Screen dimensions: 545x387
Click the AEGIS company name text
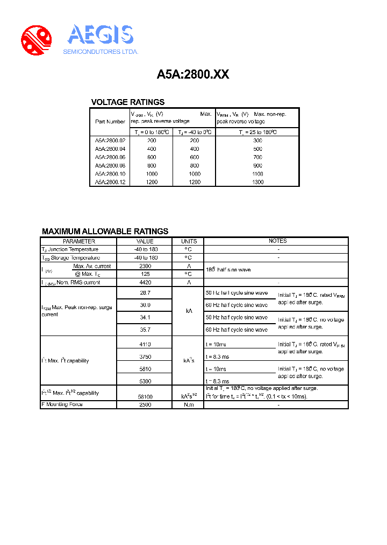tap(100, 36)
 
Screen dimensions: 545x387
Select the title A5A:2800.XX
tap(193, 75)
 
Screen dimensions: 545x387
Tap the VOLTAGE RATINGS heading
tap(128, 102)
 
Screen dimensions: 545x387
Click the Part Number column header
tap(110, 122)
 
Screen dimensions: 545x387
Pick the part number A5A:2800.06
tap(110, 157)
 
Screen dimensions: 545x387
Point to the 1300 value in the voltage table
tap(257, 182)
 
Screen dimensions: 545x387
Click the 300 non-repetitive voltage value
tap(257, 141)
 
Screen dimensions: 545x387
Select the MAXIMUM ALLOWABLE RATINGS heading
tap(105, 231)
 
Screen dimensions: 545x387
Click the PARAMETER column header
tap(79, 241)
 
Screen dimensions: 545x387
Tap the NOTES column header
tap(277, 241)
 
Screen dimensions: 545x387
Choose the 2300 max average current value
tap(145, 266)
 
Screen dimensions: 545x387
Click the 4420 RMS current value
tap(145, 282)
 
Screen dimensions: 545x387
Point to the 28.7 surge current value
tap(145, 293)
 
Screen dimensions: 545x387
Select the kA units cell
tap(189, 311)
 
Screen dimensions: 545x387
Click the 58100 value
tap(145, 396)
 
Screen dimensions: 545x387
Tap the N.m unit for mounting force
tap(189, 404)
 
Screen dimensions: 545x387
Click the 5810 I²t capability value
tap(145, 369)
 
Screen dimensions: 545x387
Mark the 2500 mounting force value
tap(145, 404)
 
